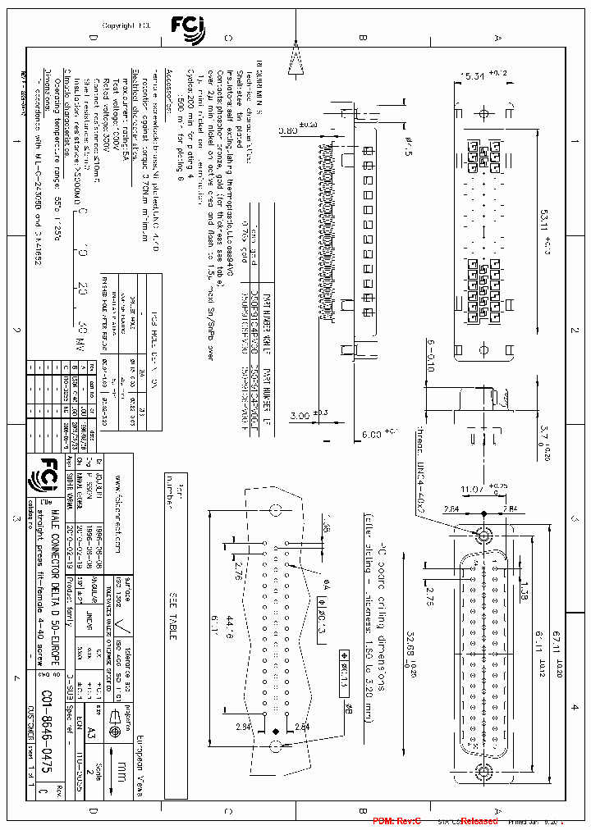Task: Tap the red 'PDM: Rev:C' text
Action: coord(396,821)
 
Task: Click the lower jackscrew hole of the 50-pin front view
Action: coord(486,770)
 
